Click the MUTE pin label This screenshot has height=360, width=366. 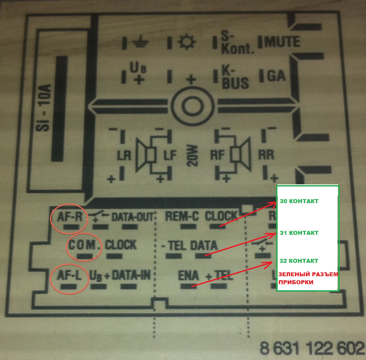(282, 42)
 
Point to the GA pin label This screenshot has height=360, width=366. (276, 76)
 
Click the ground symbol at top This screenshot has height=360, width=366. (140, 42)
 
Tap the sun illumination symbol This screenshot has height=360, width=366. (187, 42)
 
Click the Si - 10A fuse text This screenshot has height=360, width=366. (43, 108)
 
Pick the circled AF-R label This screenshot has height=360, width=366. (70, 217)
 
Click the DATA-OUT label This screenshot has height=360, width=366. (133, 217)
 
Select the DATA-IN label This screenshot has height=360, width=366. (131, 275)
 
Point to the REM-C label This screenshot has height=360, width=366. (182, 216)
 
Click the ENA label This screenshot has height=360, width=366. (188, 275)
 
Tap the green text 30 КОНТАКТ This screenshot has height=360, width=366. (299, 201)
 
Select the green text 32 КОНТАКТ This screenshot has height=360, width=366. (299, 261)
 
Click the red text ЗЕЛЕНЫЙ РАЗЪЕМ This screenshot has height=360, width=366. (308, 274)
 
